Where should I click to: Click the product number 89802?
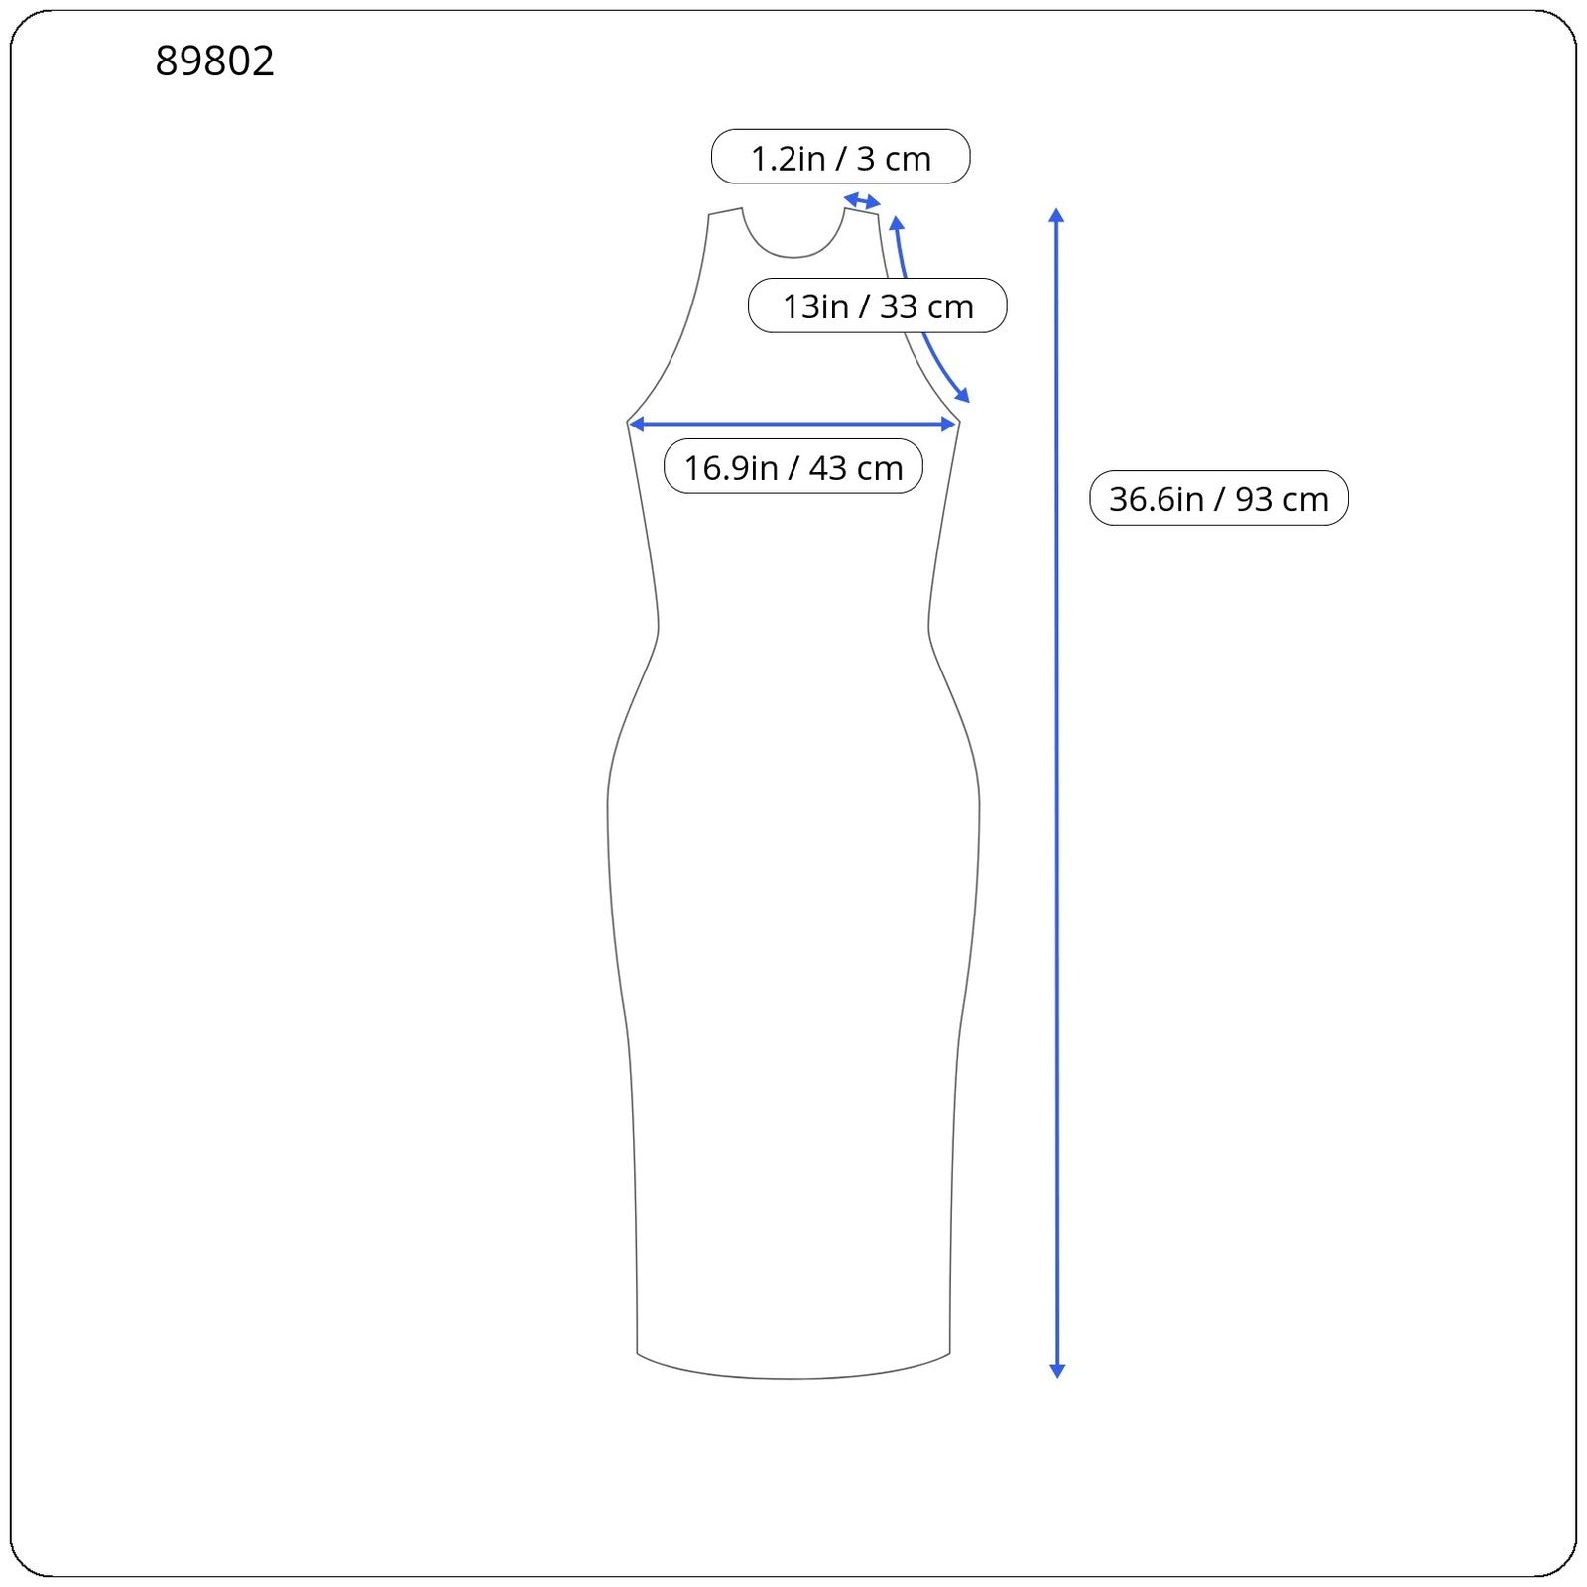pos(214,61)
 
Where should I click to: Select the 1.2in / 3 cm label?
pos(840,157)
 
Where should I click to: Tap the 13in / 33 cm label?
pos(877,305)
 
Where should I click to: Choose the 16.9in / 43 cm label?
pos(793,466)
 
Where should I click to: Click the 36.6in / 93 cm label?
pos(1218,498)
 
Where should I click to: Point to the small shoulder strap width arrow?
pos(862,202)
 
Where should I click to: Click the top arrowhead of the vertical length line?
pos(1056,215)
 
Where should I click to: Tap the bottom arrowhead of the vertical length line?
pos(1056,1370)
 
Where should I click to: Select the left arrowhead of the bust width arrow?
pos(637,425)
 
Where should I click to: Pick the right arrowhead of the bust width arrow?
pos(947,425)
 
